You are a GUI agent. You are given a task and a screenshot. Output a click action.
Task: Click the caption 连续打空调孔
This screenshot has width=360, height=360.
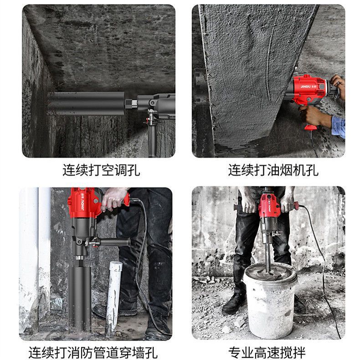101,170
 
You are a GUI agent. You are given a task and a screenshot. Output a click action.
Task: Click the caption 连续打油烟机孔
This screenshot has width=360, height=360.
273,170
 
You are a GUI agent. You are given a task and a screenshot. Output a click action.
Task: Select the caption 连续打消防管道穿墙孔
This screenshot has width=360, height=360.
93,352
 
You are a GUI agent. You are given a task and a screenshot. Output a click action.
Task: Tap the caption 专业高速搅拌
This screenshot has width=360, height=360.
267,352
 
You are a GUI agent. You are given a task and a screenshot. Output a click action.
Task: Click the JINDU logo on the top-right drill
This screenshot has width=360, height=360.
305,87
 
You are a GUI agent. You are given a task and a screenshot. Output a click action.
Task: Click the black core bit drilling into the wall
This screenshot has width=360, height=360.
86,103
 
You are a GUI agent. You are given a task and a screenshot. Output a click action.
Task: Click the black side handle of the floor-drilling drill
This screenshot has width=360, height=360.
114,242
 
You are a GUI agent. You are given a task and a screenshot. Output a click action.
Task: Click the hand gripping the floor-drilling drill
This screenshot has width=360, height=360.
113,199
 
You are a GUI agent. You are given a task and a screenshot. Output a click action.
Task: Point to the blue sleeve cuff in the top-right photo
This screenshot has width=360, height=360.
338,126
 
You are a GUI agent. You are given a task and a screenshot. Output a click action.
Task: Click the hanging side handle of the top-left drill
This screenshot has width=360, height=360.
152,138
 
